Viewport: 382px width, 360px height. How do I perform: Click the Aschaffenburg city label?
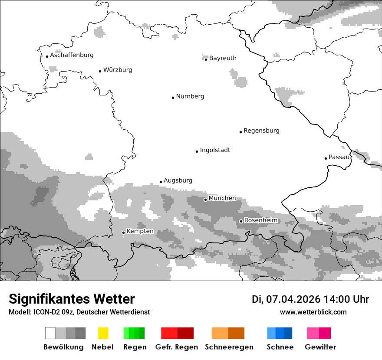point(72,55)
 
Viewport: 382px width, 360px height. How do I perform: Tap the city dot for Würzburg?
point(100,71)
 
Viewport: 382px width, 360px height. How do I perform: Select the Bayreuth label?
point(223,58)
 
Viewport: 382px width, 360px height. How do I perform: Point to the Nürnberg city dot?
point(173,98)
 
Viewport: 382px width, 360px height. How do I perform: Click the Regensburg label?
point(261,131)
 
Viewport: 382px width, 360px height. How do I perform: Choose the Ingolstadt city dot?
point(197,151)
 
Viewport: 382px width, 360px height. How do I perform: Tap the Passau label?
point(339,157)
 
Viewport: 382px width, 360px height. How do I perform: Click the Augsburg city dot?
point(161,182)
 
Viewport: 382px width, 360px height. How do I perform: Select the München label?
point(222,198)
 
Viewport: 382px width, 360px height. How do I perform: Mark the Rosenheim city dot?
point(241,221)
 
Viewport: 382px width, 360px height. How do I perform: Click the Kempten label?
point(140,231)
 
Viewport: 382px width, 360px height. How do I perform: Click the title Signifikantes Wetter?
point(72,299)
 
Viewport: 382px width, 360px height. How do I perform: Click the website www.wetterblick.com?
point(313,312)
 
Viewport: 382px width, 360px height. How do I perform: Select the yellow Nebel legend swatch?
point(103,333)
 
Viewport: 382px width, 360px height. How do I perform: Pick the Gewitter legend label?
point(320,347)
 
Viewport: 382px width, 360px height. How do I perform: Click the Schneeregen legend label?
point(229,347)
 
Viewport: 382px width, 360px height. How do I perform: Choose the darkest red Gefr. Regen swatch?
point(185,333)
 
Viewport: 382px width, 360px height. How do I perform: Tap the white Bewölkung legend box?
point(50,333)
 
